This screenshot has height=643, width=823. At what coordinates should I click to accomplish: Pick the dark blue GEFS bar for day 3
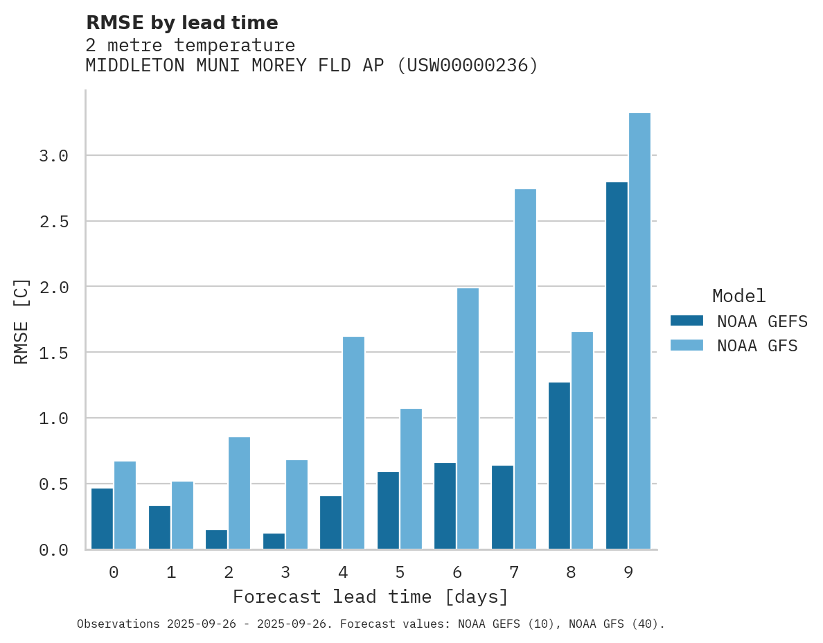click(274, 541)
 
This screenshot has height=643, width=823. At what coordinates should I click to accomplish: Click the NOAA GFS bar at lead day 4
click(353, 443)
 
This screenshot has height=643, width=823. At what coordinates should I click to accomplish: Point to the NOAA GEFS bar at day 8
click(559, 466)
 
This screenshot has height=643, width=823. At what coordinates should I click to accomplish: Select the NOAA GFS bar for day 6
click(468, 419)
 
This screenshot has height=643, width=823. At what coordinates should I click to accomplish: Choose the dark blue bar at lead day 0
click(102, 519)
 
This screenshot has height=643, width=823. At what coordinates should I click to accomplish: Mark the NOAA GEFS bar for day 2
click(216, 540)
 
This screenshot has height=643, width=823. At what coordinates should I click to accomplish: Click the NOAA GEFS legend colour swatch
click(687, 321)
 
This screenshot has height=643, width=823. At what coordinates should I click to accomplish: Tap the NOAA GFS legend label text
click(757, 346)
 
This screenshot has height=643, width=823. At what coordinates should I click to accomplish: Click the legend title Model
click(738, 296)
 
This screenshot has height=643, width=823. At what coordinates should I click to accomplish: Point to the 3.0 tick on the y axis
click(53, 156)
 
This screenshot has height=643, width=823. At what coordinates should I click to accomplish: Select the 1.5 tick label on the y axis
click(53, 353)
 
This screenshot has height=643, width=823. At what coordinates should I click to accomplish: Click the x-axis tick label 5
click(400, 572)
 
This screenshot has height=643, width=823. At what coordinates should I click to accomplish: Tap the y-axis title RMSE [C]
click(21, 321)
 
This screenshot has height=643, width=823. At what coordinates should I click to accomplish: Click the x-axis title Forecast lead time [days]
click(371, 597)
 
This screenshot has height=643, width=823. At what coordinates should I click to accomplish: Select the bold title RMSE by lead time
click(182, 23)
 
